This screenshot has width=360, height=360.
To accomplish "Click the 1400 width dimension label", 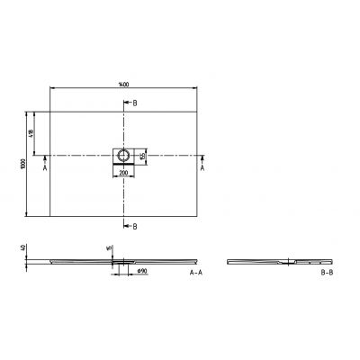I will tap(123, 84).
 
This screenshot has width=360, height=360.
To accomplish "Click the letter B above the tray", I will tap(135, 103).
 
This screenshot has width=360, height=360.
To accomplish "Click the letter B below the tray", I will tap(135, 226).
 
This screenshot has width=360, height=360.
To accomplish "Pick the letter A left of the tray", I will tap(45, 167).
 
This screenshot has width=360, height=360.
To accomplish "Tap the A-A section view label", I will tap(196, 271).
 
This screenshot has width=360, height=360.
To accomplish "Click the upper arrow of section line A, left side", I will tap(45, 157).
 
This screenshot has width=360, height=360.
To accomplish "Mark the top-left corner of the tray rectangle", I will tap(49, 112).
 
